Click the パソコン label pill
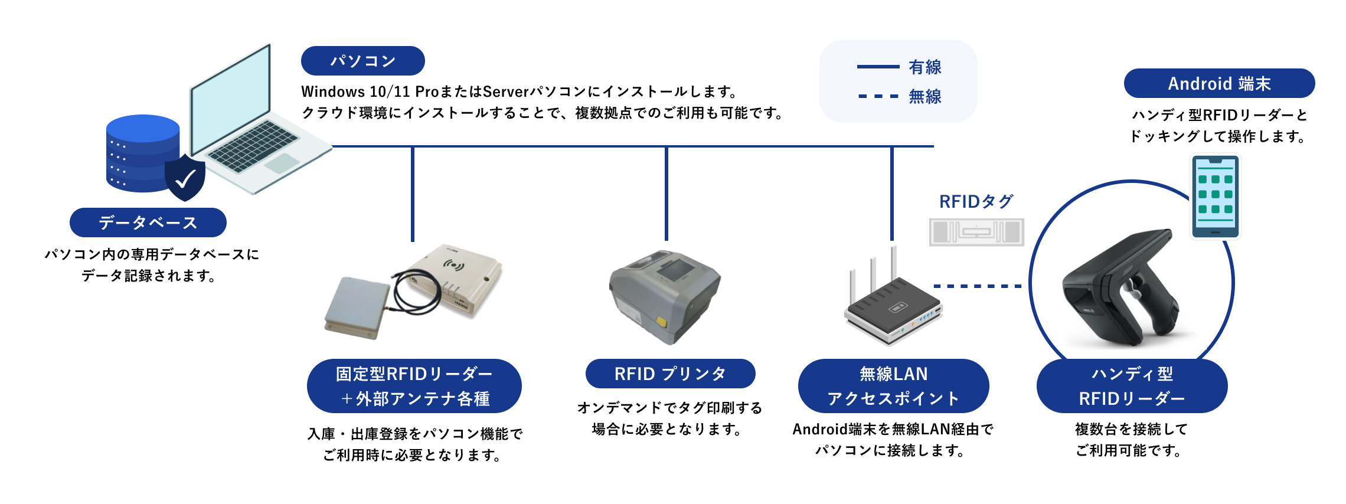pyautogui.click(x=362, y=61)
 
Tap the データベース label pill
pyautogui.click(x=148, y=222)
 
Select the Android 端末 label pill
pyautogui.click(x=1218, y=83)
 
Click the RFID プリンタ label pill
pyautogui.click(x=670, y=374)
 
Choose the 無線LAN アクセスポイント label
pyautogui.click(x=893, y=386)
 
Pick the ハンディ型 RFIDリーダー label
pyautogui.click(x=1132, y=386)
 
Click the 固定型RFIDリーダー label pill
pyautogui.click(x=414, y=386)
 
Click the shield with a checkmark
pyautogui.click(x=185, y=178)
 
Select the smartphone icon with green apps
pyautogui.click(x=1215, y=197)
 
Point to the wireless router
pyautogui.click(x=892, y=307)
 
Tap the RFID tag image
pyautogui.click(x=976, y=232)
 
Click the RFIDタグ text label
pyautogui.click(x=976, y=202)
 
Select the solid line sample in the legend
pyautogui.click(x=878, y=67)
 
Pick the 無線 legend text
pyautogui.click(x=925, y=96)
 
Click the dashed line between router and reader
pyautogui.click(x=977, y=286)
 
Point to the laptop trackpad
pyautogui.click(x=282, y=163)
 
